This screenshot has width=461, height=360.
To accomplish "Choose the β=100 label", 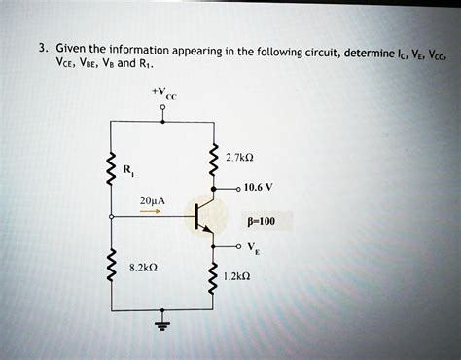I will (256, 221).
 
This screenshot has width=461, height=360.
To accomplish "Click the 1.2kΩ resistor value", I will (236, 275).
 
